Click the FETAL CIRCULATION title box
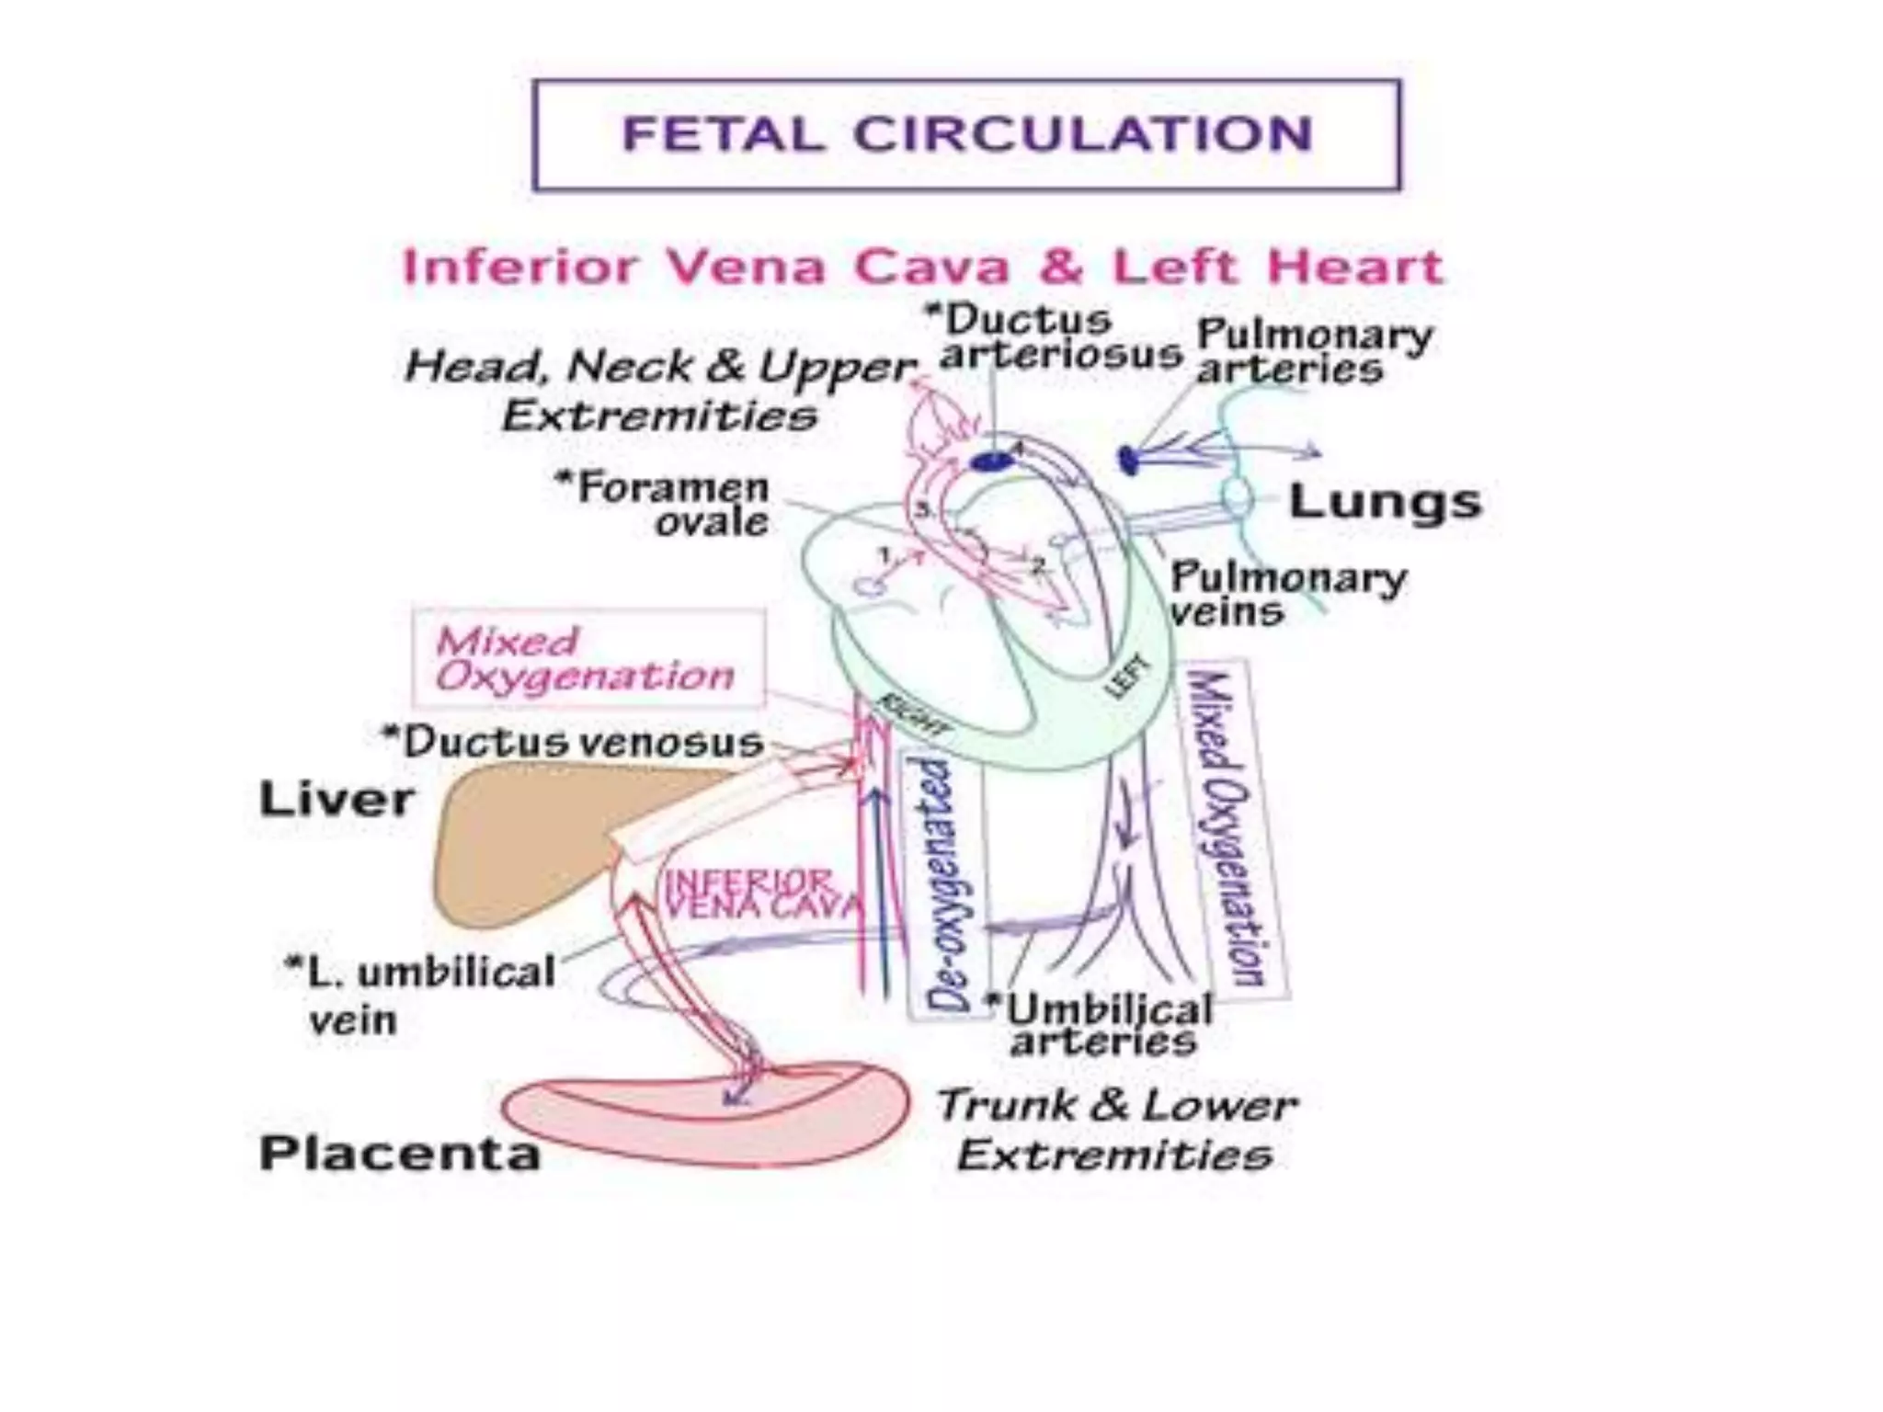(x=966, y=134)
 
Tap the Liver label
(x=337, y=799)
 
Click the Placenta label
(x=400, y=1153)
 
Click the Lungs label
(x=1385, y=502)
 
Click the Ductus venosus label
(x=574, y=742)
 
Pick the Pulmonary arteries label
(x=1313, y=352)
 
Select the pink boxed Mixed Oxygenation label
(x=587, y=658)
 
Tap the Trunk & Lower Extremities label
(x=1116, y=1129)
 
